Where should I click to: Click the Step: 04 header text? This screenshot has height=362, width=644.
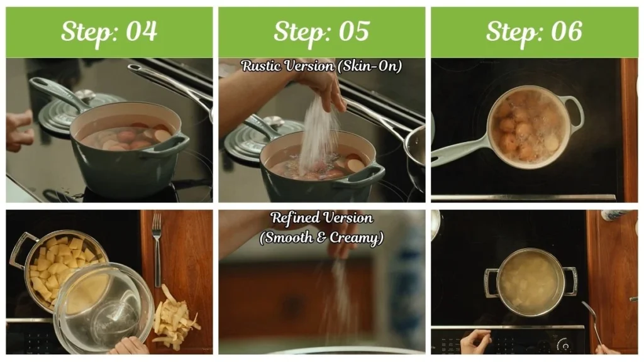109,31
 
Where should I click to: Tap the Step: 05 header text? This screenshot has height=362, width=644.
321,31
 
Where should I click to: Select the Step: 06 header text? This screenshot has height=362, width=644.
534,31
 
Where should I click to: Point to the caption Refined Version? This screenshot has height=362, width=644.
321,218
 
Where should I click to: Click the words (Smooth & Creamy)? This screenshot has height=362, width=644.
321,238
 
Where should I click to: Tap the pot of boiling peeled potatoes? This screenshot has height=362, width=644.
530,282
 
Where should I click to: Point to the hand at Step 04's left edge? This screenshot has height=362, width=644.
18,129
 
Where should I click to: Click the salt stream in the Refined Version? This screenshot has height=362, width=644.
340,295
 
